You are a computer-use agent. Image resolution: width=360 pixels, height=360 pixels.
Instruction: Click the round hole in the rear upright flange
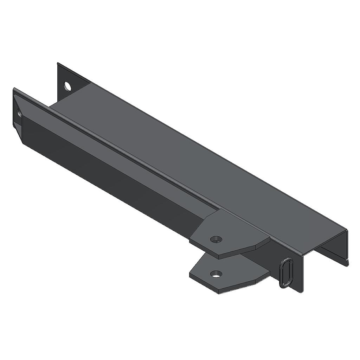point(67,86)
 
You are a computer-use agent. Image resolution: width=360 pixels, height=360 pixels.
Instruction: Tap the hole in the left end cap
point(19,112)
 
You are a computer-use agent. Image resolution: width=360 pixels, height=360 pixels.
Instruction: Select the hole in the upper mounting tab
point(216,239)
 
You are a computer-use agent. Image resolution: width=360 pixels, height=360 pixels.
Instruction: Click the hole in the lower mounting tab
point(216,274)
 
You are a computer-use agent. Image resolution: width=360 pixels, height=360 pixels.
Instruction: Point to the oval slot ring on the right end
point(286,273)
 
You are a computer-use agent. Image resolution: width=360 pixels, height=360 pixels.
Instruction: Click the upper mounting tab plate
point(232,236)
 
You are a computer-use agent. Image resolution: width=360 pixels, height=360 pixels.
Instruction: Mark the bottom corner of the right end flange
point(302,292)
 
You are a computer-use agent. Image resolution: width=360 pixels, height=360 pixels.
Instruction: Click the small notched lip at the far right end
point(347,262)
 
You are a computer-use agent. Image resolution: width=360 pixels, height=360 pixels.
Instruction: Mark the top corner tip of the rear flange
point(58,63)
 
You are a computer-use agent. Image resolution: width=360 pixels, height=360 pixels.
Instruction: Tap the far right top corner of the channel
point(346,230)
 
